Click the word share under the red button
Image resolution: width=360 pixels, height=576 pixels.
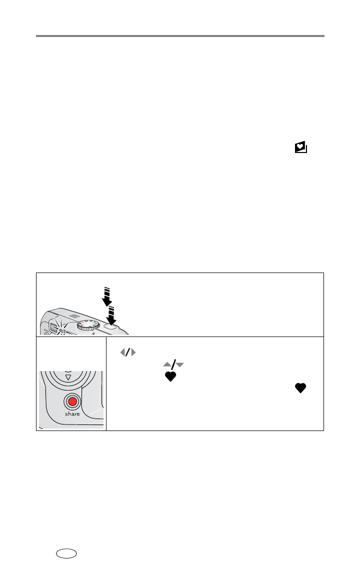tap(71, 414)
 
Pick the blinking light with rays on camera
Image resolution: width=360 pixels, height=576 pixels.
tap(61, 327)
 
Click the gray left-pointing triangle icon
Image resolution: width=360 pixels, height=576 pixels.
tap(122, 353)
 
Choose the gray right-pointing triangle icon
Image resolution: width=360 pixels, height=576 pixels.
tap(133, 353)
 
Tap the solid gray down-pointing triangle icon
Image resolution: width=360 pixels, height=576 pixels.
tap(179, 365)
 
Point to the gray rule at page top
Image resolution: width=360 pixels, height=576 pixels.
tap(180, 36)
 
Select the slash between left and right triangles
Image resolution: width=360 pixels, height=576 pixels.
tap(127, 353)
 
